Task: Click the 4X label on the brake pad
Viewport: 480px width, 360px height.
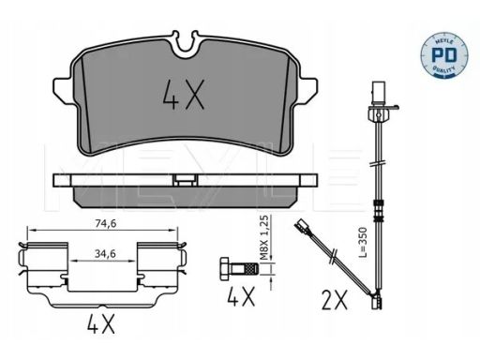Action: click(184, 95)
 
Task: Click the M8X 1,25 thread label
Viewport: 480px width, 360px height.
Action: click(264, 237)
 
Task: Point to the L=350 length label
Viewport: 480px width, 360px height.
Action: click(363, 242)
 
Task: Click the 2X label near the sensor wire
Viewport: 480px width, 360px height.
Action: click(335, 300)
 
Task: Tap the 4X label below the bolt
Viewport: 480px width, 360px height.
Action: click(241, 296)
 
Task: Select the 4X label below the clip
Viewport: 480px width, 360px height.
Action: click(100, 323)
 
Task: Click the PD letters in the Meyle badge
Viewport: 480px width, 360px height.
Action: click(443, 54)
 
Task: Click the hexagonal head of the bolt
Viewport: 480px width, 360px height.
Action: click(225, 269)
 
